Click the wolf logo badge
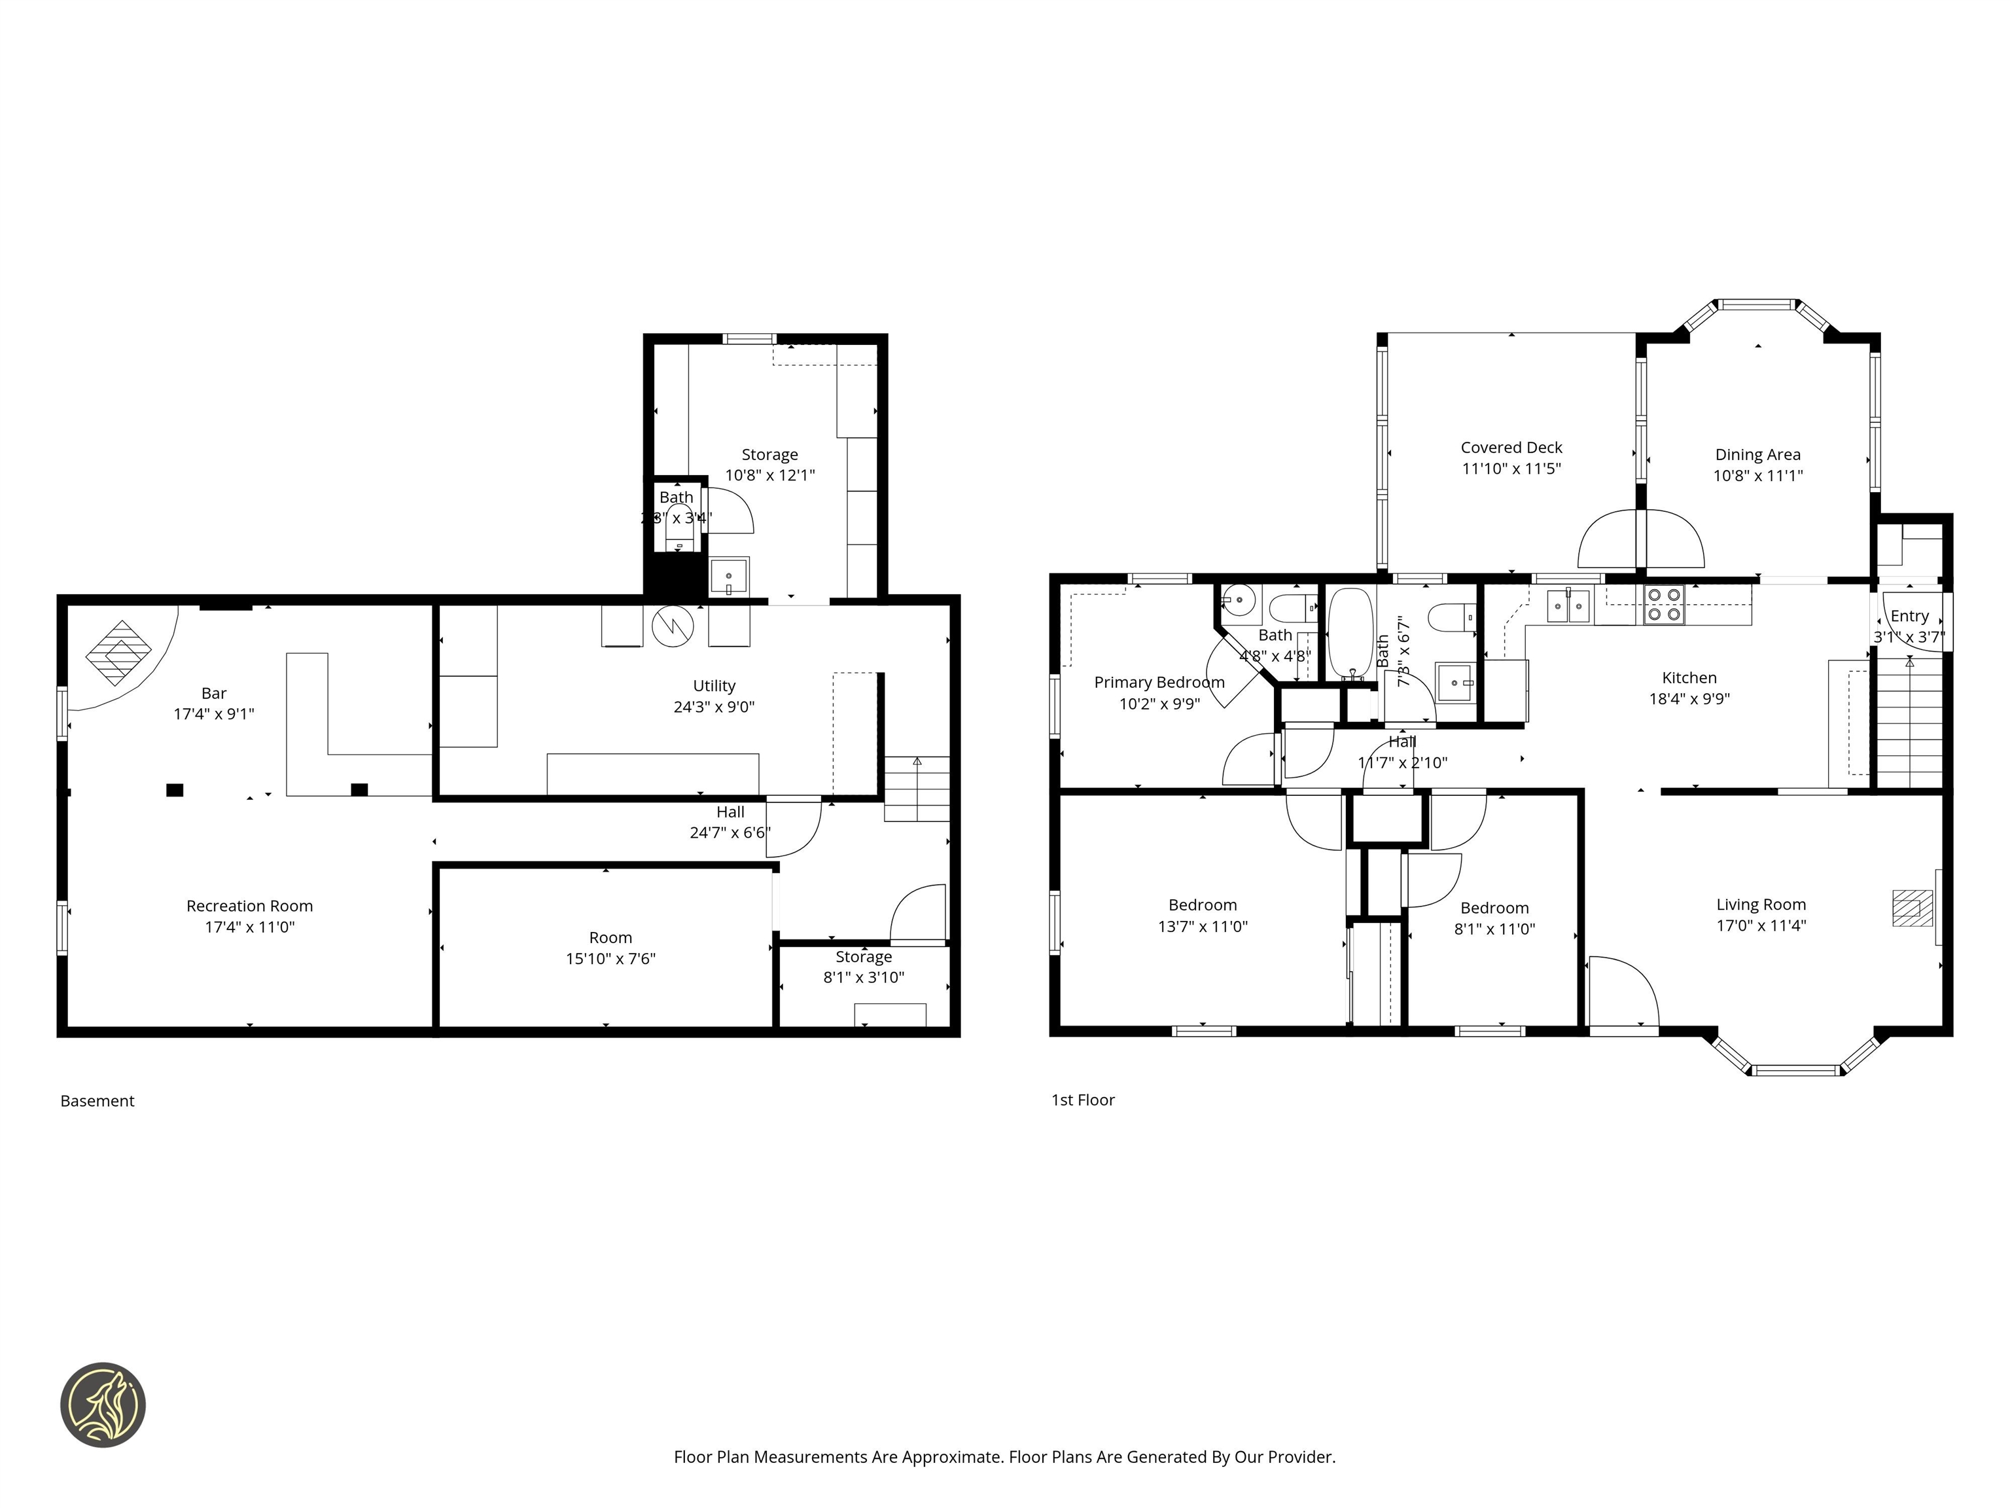pyautogui.click(x=103, y=1405)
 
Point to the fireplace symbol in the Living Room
pyautogui.click(x=1912, y=908)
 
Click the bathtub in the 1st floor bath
pyautogui.click(x=1350, y=633)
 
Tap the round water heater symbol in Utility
pyautogui.click(x=673, y=624)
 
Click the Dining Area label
pyautogui.click(x=1757, y=454)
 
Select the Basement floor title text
pyautogui.click(x=97, y=1101)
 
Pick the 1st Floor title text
pyautogui.click(x=1082, y=1100)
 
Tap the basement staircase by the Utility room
pyautogui.click(x=917, y=789)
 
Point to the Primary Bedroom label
pyautogui.click(x=1159, y=683)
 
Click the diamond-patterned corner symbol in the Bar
pyautogui.click(x=118, y=653)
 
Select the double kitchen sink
pyautogui.click(x=1568, y=605)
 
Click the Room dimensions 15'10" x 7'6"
pyautogui.click(x=610, y=959)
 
